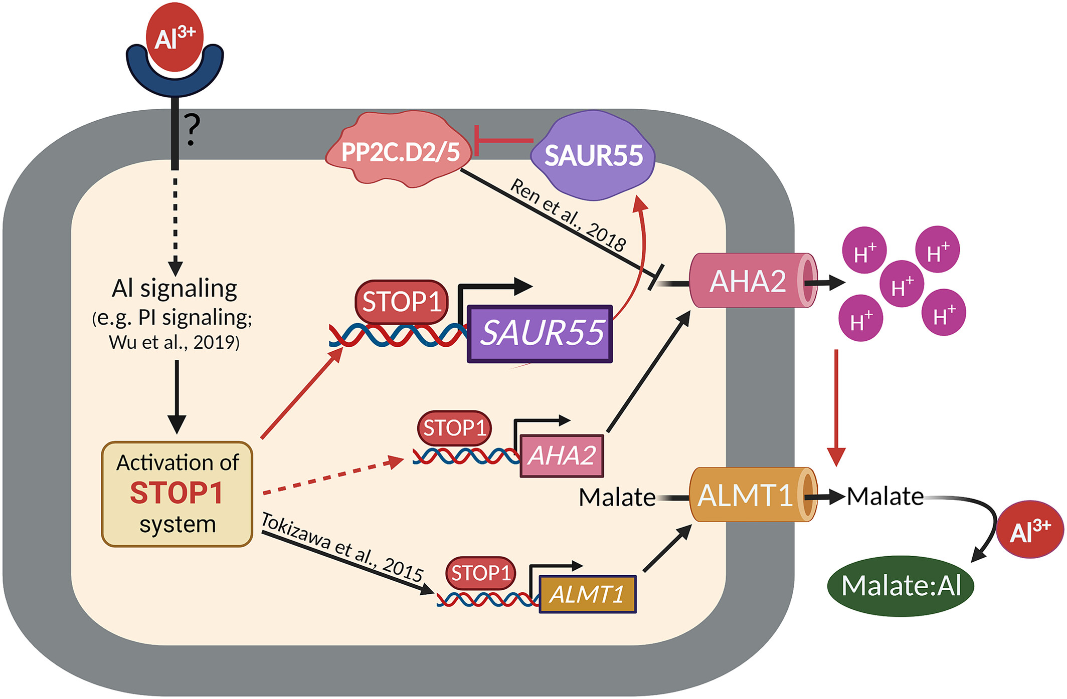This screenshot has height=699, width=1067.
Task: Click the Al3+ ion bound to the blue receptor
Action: [174, 38]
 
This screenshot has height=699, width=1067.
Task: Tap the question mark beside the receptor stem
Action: [192, 129]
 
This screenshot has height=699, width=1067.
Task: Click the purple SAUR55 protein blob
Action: [593, 155]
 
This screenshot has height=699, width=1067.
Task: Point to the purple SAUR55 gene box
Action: [540, 333]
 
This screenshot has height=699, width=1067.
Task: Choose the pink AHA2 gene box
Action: [562, 455]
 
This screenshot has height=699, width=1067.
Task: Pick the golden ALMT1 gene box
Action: [587, 594]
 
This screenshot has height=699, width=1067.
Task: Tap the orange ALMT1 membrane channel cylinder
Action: [747, 496]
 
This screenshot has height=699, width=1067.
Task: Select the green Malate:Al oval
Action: [901, 586]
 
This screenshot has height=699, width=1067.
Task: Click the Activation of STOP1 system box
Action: [177, 494]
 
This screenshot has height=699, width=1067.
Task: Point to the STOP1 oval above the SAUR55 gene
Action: [401, 302]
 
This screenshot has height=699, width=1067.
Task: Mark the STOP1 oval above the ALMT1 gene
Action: [480, 573]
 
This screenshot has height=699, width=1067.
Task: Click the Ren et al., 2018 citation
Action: [568, 214]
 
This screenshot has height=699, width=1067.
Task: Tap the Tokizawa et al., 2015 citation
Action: [342, 548]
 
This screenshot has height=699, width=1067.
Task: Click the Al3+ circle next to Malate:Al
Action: [1030, 530]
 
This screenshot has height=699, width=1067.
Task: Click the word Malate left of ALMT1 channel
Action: [617, 498]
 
